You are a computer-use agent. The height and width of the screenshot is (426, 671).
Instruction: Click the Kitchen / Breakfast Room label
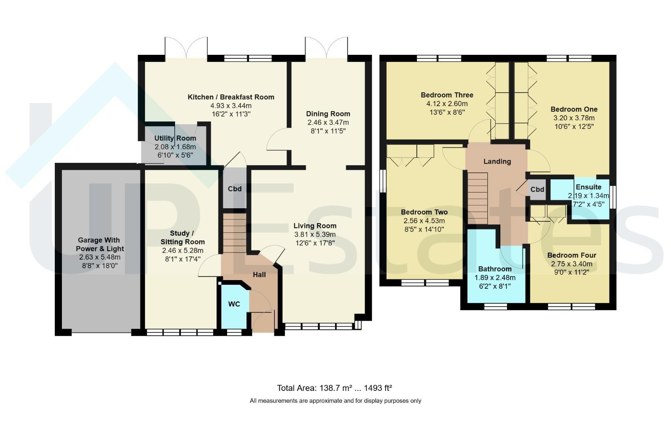[x=231, y=97]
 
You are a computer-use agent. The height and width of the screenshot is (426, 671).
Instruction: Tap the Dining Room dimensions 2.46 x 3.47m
[x=328, y=123]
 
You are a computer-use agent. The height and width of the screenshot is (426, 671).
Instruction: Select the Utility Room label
[x=175, y=138]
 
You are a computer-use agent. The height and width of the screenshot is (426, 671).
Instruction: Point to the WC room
[x=234, y=306]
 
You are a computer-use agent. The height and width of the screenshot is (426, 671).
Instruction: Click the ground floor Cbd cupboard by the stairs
[x=235, y=188]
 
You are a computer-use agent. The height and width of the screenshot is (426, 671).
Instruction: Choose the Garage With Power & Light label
[x=100, y=244]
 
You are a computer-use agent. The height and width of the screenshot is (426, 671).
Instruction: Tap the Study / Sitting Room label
[x=183, y=237]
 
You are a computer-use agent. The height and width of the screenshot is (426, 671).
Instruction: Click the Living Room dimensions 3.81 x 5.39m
[x=315, y=234]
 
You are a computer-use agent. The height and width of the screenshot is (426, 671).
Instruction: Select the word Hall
[x=259, y=275]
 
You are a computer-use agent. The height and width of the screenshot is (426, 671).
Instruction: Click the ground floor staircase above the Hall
[x=235, y=233]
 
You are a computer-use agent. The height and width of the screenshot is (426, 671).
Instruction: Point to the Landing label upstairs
[x=497, y=162]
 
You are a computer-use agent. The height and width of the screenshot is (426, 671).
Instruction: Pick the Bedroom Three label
[x=447, y=95]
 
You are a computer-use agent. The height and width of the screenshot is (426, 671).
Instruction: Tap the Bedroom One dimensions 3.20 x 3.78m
[x=574, y=118]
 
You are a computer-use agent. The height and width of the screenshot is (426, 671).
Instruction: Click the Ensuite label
[x=589, y=187]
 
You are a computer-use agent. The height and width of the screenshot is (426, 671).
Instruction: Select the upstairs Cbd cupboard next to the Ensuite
[x=537, y=189]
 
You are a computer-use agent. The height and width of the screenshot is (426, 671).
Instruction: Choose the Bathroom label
[x=495, y=269]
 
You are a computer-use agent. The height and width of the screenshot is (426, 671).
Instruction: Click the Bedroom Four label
[x=572, y=256]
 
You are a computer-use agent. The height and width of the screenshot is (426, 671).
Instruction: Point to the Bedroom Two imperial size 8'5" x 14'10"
[x=424, y=230]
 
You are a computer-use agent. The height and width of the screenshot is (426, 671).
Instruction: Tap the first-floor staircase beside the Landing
[x=478, y=198]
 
